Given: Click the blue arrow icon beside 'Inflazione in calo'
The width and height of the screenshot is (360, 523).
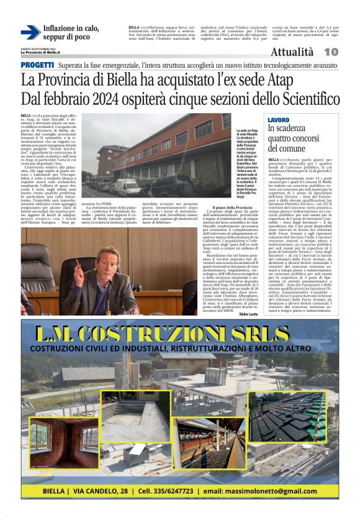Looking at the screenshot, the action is (x=30, y=32).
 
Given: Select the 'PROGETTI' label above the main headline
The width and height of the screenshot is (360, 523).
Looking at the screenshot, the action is (x=37, y=65).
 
